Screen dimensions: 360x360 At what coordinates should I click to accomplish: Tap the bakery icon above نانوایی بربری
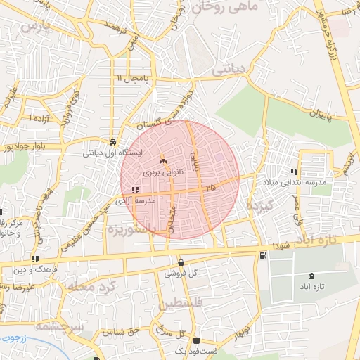pyautogui.click(x=164, y=161)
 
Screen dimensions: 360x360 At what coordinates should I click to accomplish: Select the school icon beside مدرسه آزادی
pyautogui.click(x=134, y=189)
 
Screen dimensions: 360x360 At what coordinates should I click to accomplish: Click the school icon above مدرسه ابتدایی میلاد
pyautogui.click(x=293, y=172)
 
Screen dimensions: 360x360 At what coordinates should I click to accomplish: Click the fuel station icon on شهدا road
pyautogui.click(x=262, y=255)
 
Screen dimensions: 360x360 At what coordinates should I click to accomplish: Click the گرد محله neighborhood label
pyautogui.click(x=91, y=288)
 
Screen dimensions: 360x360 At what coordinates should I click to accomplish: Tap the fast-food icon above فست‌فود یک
pyautogui.click(x=196, y=340)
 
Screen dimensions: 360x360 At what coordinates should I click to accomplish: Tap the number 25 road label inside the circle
pyautogui.click(x=211, y=188)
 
